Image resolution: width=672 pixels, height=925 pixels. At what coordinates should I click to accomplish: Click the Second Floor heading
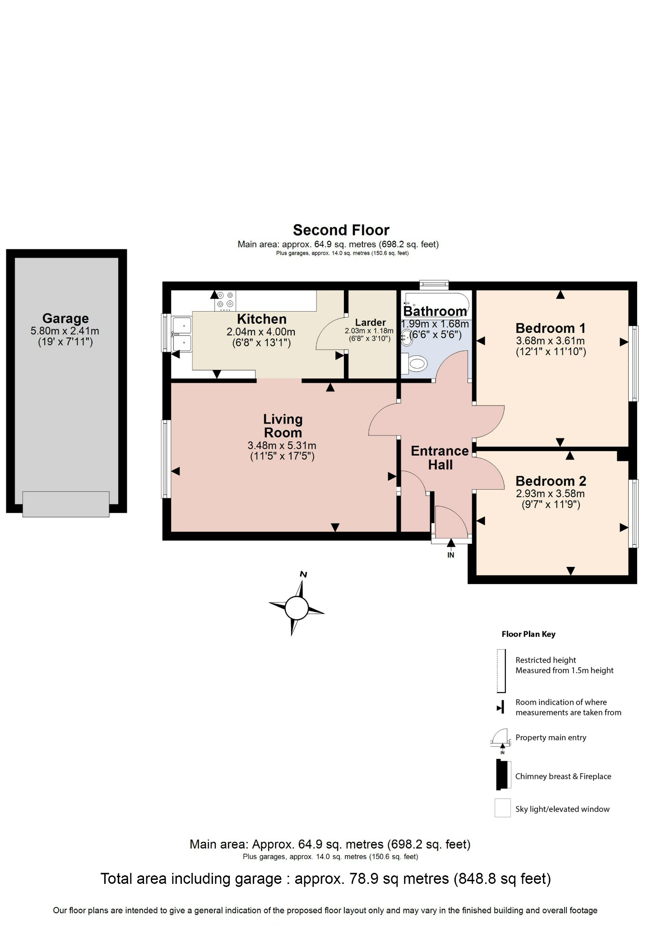341,230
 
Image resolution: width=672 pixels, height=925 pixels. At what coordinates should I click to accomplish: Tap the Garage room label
65,318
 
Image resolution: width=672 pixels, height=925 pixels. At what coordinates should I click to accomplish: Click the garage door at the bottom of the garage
66,504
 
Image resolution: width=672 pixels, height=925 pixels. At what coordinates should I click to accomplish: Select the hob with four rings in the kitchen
225,300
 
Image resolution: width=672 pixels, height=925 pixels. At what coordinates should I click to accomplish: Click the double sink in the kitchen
182,334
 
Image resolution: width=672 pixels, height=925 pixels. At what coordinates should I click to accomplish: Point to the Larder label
370,322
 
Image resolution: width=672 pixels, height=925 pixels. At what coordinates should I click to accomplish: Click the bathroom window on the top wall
434,285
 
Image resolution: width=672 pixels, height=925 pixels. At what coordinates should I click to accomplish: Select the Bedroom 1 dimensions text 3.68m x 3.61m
550,341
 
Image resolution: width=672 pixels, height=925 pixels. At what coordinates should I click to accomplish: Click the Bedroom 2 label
551,481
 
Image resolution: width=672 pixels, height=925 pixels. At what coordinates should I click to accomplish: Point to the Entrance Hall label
440,458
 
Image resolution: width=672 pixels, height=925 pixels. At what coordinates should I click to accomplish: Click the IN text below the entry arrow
450,555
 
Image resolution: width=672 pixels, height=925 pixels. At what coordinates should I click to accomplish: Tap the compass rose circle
297,608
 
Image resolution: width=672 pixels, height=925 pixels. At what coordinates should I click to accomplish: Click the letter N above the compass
304,575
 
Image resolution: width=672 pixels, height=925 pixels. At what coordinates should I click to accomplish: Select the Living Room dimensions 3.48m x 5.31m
282,445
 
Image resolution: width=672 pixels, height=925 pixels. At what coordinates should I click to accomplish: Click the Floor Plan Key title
528,634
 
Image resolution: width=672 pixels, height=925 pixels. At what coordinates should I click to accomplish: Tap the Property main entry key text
551,738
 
